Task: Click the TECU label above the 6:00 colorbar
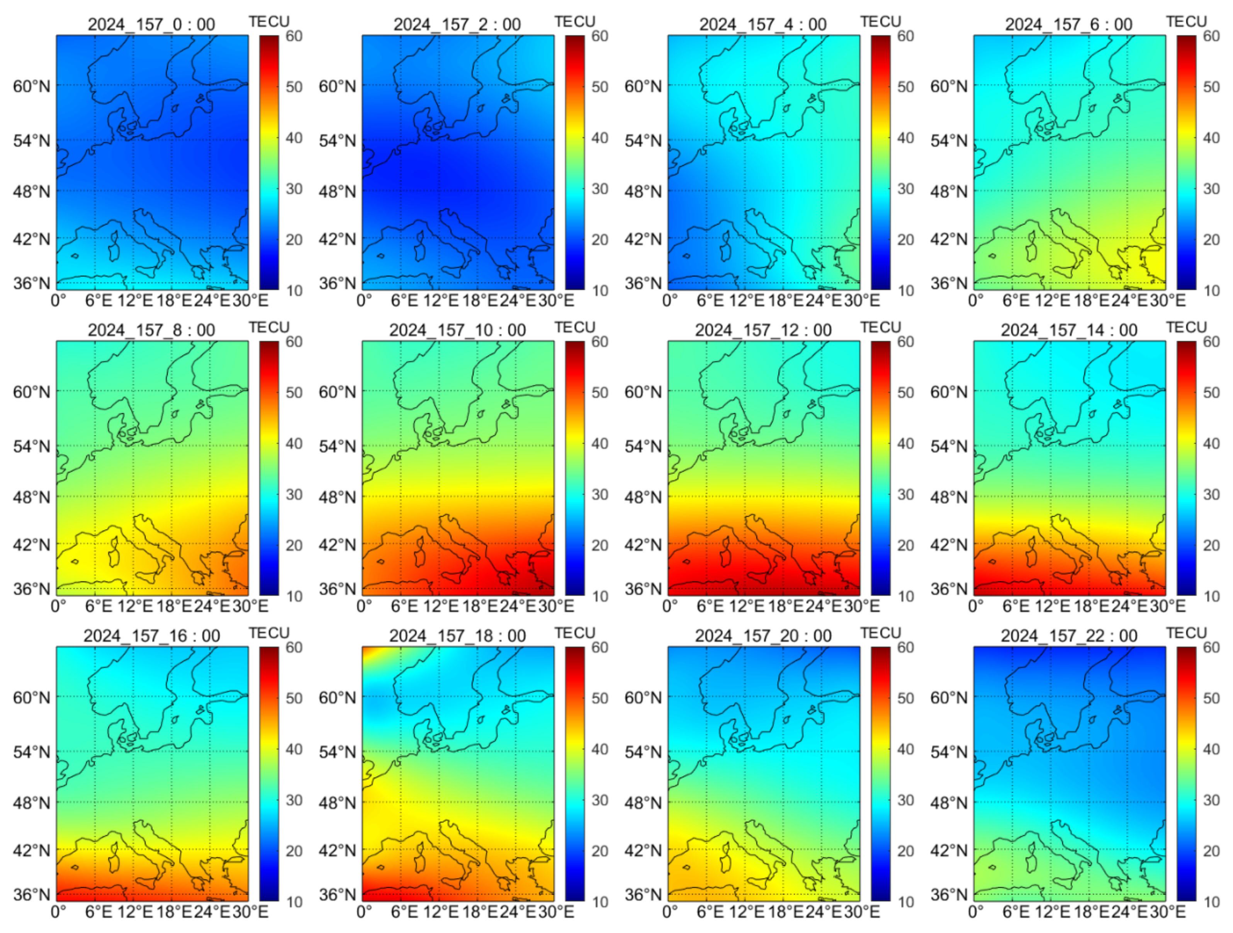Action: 1186,22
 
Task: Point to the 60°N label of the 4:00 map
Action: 643,87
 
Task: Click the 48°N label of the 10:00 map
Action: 337,497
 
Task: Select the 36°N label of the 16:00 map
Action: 31,894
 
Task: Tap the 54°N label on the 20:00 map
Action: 643,752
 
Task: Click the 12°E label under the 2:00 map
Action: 440,301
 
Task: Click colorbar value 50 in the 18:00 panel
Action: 600,698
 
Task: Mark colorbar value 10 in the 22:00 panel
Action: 1212,902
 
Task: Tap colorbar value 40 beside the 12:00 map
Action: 906,444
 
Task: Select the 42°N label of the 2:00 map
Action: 337,239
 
